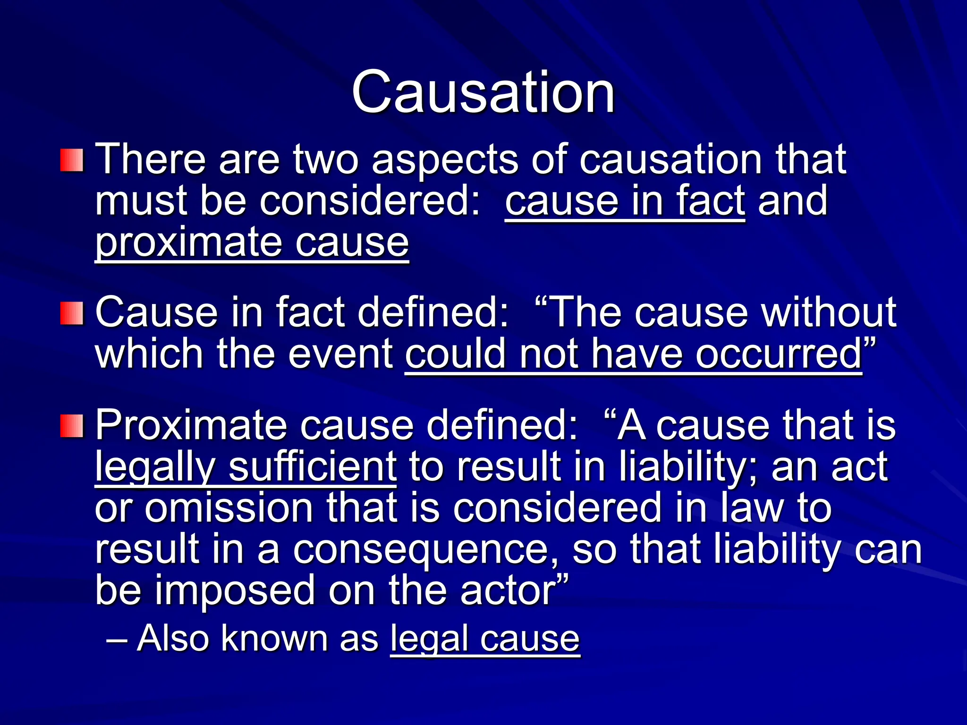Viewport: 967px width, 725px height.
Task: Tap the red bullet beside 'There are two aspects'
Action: pos(72,160)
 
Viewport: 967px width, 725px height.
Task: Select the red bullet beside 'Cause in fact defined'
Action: pos(72,313)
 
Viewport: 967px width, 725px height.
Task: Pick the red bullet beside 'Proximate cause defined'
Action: pos(72,426)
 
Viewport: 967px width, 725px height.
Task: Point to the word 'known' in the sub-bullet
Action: pos(274,638)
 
